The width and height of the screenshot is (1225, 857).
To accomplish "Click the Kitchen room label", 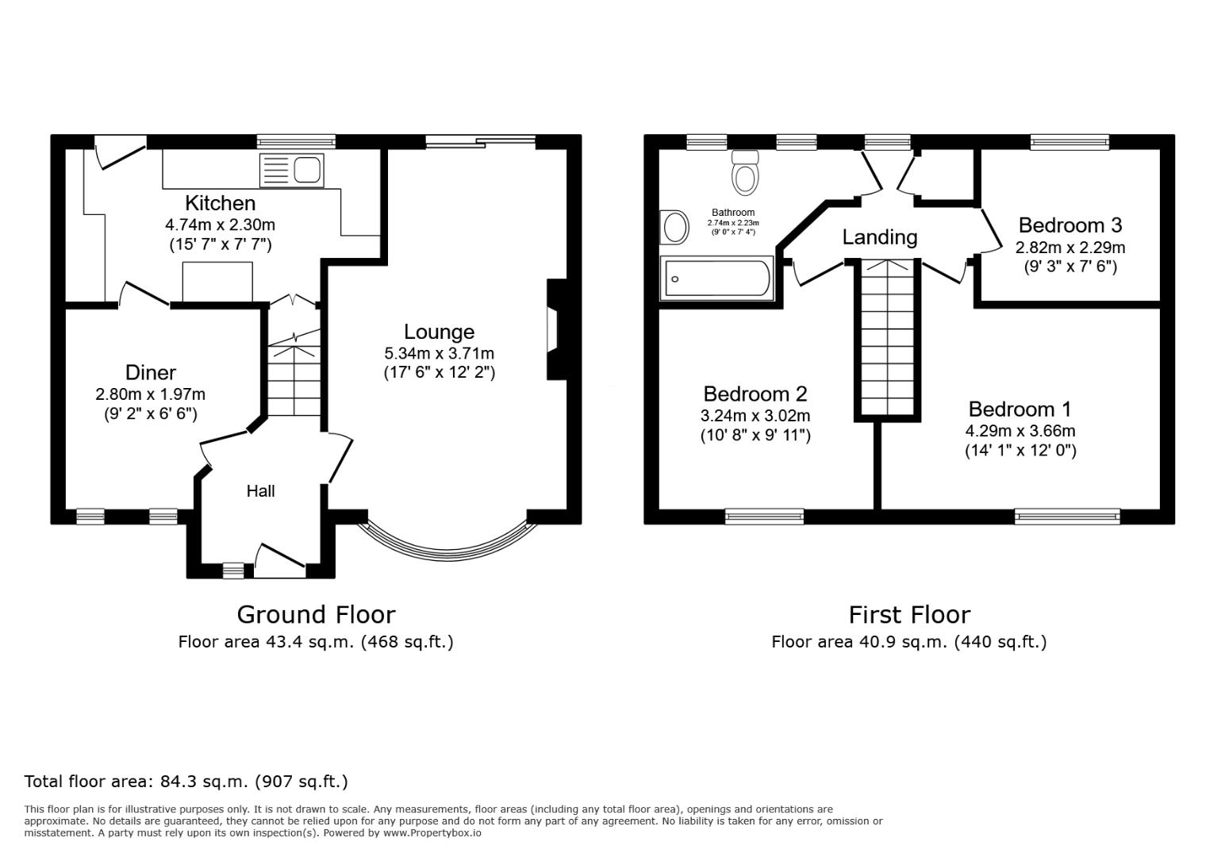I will (x=220, y=203).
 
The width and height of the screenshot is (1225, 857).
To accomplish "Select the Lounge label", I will (x=439, y=332).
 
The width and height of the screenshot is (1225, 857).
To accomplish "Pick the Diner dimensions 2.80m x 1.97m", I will (x=150, y=394).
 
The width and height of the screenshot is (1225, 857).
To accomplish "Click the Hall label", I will (x=260, y=491).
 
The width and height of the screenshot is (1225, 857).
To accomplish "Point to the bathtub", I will (x=717, y=279).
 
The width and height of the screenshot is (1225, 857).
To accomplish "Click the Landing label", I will (x=879, y=237).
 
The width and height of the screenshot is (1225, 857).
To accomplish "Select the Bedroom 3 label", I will (x=1069, y=225).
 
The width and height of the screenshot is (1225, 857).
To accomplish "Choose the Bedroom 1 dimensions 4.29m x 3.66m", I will (x=1020, y=431).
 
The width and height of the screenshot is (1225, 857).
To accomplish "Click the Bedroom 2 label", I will (x=755, y=394).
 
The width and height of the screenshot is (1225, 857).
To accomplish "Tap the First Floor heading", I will (x=909, y=614).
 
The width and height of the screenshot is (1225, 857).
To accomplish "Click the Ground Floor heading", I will (x=316, y=614).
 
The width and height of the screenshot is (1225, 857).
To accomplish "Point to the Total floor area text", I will (x=186, y=782).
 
